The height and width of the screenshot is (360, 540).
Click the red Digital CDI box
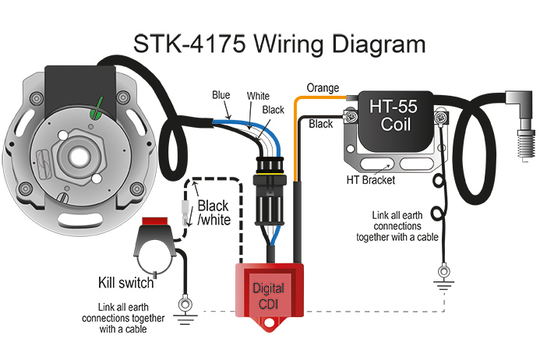[270, 293]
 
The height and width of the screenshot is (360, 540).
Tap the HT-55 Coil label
[394, 115]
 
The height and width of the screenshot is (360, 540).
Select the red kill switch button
[155, 221]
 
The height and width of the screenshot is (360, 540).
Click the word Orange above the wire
[323, 88]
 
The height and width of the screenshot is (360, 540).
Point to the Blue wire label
[221, 95]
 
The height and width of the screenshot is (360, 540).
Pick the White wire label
[258, 96]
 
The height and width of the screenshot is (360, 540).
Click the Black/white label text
[214, 213]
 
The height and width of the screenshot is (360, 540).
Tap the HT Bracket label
[371, 180]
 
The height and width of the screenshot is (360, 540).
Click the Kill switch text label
[125, 283]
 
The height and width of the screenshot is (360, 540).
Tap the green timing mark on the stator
[97, 109]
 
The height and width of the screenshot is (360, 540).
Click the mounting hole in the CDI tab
[269, 323]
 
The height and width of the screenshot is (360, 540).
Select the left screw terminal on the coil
[351, 116]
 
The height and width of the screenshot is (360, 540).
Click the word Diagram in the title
[379, 44]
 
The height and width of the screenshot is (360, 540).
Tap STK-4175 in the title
[189, 44]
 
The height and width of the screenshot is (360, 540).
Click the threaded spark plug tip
[526, 145]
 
